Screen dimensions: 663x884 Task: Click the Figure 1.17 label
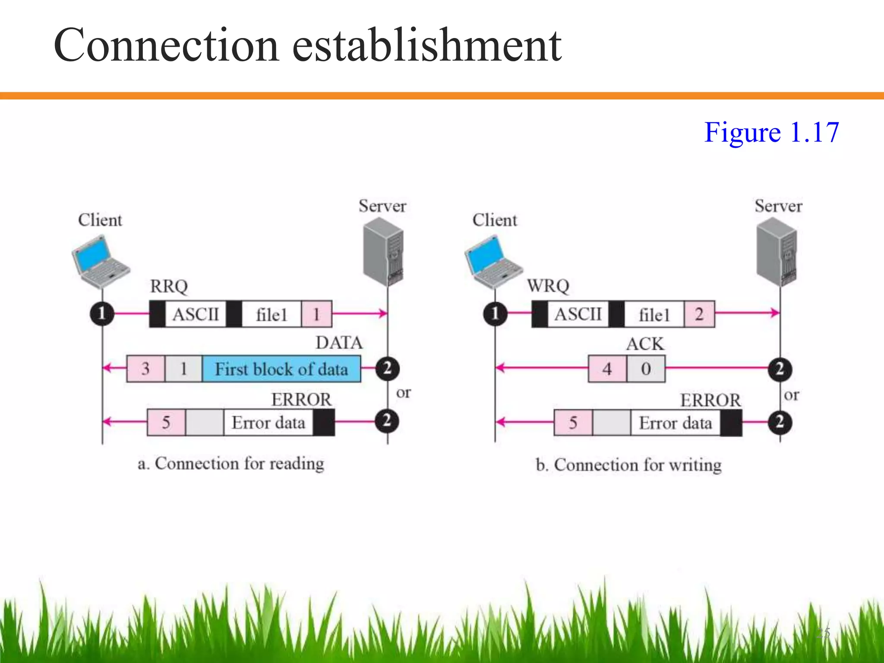pos(771,132)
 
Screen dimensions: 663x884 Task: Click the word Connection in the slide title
pos(166,46)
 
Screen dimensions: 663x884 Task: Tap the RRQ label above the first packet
pos(169,287)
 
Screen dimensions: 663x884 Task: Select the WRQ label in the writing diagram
pos(548,286)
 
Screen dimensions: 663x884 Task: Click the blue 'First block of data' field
pos(281,369)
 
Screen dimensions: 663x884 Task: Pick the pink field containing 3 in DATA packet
pos(145,369)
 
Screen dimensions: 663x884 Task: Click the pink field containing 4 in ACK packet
pos(607,369)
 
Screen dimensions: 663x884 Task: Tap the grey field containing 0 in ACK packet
pos(646,369)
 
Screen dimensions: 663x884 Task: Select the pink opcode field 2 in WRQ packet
pos(699,314)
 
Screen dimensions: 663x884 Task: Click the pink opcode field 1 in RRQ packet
pos(316,314)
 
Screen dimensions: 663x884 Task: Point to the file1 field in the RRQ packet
pos(271,314)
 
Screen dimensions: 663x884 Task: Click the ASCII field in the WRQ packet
pos(578,314)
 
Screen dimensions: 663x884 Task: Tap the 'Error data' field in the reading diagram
pos(268,423)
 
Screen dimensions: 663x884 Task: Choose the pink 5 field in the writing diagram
pos(573,423)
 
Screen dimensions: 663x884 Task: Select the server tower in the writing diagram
pos(777,251)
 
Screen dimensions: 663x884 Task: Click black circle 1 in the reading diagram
pos(102,313)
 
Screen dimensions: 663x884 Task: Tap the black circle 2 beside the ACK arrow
pos(780,369)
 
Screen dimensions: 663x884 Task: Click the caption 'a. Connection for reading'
pos(231,464)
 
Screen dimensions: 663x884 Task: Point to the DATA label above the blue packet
pos(339,343)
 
